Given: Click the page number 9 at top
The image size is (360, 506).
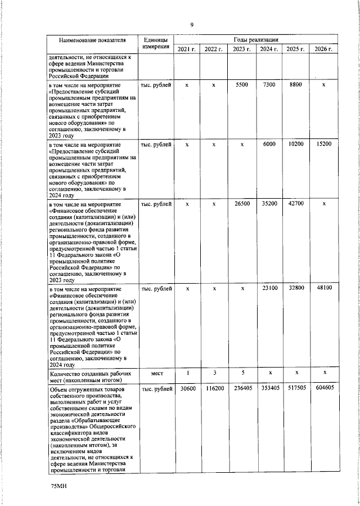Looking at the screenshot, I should coord(192,25).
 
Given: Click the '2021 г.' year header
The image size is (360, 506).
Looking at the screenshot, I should coord(187,50).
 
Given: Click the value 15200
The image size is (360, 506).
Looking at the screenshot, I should coord(324,144).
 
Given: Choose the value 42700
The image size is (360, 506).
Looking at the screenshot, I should coord(296,203).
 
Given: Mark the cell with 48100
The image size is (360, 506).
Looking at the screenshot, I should coord(324,288).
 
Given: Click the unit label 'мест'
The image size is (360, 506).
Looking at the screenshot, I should coord(155,373).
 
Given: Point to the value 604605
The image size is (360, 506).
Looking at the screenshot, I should coord(324,389).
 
